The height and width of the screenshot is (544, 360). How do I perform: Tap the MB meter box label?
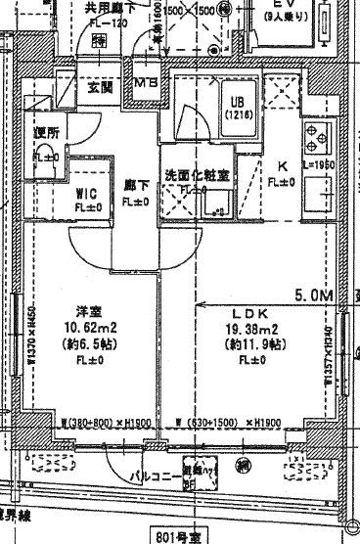click(148, 81)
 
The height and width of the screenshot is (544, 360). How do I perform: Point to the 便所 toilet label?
click(47, 132)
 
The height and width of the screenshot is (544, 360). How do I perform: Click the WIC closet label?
click(85, 193)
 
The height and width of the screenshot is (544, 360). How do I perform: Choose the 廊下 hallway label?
click(134, 184)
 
